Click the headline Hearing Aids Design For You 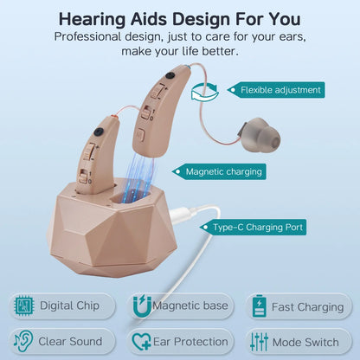[179, 18]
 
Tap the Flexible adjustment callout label [280, 89]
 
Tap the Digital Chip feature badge [61, 305]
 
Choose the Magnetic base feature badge [180, 305]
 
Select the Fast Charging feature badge [298, 306]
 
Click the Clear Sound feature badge [61, 341]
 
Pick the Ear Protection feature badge [180, 341]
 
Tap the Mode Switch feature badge [298, 341]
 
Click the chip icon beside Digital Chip [24, 305]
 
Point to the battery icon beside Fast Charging [259, 306]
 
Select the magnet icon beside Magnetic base [141, 305]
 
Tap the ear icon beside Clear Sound [24, 341]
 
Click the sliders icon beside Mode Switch [259, 341]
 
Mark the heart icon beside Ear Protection [141, 341]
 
